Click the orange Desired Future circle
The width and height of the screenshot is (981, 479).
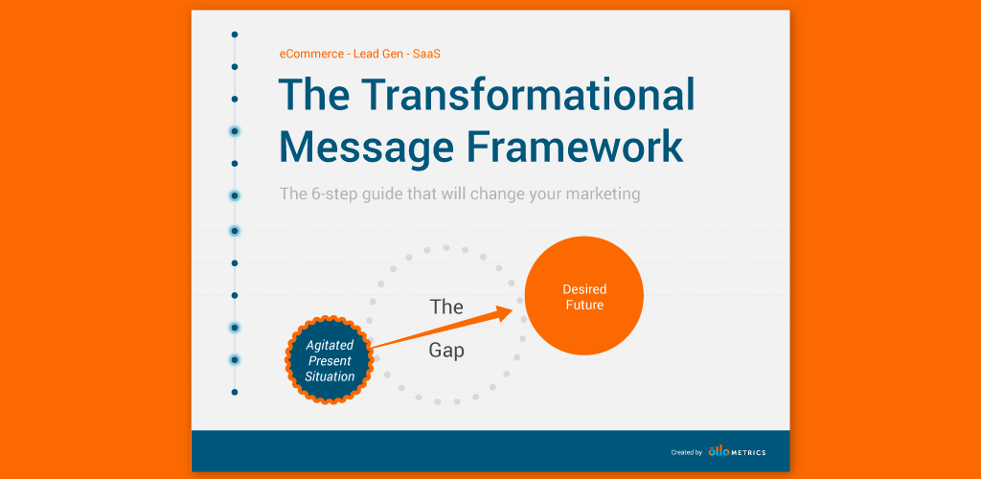(x=583, y=297)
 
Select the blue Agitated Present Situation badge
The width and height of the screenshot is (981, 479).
(x=330, y=360)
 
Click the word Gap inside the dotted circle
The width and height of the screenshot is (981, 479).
(x=446, y=351)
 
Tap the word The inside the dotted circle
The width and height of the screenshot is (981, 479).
(x=446, y=307)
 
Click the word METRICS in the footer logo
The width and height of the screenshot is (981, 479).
(x=748, y=452)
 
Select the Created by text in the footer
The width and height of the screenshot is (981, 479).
(x=686, y=452)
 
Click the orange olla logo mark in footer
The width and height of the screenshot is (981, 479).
(x=718, y=451)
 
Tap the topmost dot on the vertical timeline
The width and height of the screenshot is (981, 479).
(x=234, y=34)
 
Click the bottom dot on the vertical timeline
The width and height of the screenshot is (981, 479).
(x=234, y=392)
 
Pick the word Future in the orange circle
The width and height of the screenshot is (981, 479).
(x=584, y=306)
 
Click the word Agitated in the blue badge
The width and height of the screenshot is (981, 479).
(x=330, y=345)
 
